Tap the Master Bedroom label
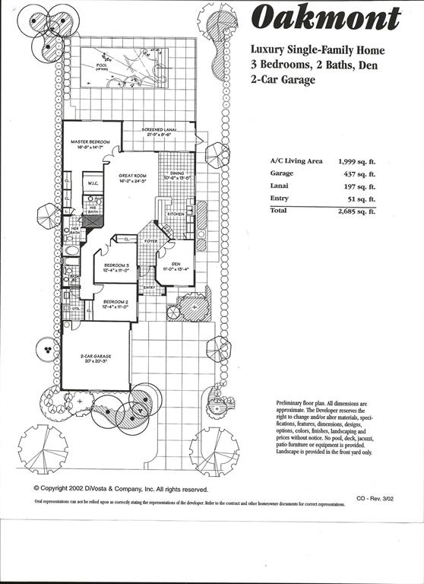click(x=90, y=142)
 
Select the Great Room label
click(x=132, y=176)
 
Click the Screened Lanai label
click(x=160, y=130)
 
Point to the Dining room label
click(x=176, y=174)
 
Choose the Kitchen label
click(x=176, y=214)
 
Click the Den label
click(x=176, y=265)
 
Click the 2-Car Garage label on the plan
click(x=92, y=356)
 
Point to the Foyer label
click(x=151, y=241)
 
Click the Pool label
click(x=102, y=65)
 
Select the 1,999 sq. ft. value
click(x=357, y=161)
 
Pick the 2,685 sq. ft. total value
click(x=357, y=211)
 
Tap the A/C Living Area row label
click(x=296, y=161)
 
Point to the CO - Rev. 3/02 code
click(x=375, y=498)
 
